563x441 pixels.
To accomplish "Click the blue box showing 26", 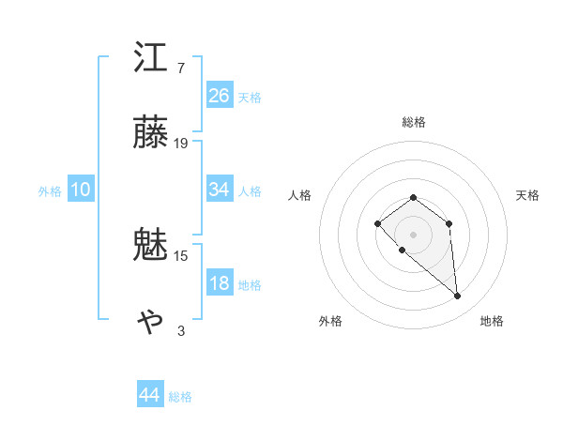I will tap(220, 96).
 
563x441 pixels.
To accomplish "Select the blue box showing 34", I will tap(220, 190).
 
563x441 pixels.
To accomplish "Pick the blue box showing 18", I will tap(220, 284).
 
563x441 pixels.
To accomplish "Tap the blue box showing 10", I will tap(81, 190).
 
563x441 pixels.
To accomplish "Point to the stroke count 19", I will tap(181, 143).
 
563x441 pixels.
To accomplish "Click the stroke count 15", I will tap(181, 255).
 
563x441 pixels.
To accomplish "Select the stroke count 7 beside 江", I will tap(180, 68).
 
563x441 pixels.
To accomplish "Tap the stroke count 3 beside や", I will tap(181, 330).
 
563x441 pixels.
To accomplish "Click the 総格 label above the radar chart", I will tap(413, 122).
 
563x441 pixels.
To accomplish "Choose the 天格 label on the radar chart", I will tap(527, 195).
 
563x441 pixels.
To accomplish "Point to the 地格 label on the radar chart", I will tap(492, 322).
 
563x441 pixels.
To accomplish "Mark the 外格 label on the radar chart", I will tap(330, 322).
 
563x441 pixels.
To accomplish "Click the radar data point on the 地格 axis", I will tap(458, 297).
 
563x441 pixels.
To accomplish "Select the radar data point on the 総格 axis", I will tap(413, 197).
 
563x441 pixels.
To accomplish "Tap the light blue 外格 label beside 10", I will tap(50, 190).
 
